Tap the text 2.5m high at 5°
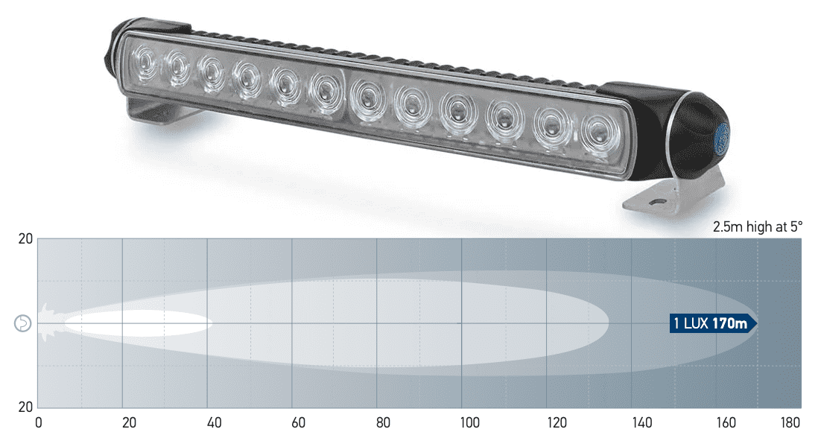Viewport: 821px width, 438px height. tap(757, 226)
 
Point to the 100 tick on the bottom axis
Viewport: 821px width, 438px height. tap(469, 423)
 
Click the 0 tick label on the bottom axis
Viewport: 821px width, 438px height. tap(39, 423)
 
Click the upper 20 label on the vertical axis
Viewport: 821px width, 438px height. tap(25, 239)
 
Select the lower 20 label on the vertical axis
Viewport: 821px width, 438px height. tap(25, 407)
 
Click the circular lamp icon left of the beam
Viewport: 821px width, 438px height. tap(23, 323)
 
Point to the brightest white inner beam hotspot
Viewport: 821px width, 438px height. tap(138, 323)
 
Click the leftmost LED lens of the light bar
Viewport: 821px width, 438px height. tap(142, 59)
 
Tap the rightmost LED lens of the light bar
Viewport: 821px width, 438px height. tap(595, 133)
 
